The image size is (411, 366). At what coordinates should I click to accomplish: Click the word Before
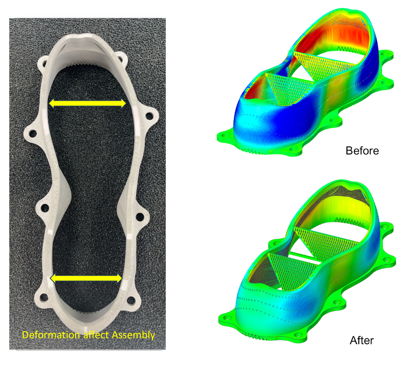point(362,151)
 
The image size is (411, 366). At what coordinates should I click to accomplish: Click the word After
point(362,340)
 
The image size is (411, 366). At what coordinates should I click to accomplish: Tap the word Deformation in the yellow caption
point(51,335)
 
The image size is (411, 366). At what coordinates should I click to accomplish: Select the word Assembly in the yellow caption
point(133,335)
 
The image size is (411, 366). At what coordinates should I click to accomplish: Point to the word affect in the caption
point(95,335)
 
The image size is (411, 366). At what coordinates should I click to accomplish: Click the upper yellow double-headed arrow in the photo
point(88,103)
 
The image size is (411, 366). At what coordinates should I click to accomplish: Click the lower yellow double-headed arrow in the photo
point(86,278)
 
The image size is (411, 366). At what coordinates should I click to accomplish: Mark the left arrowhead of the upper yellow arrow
point(52,103)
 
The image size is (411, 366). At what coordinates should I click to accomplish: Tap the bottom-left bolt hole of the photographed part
point(44,298)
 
